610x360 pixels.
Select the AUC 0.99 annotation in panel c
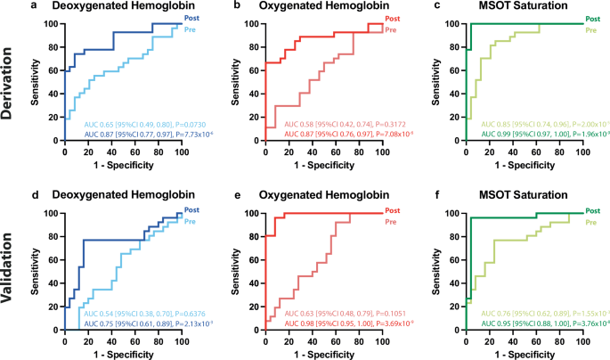[x=541, y=135]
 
